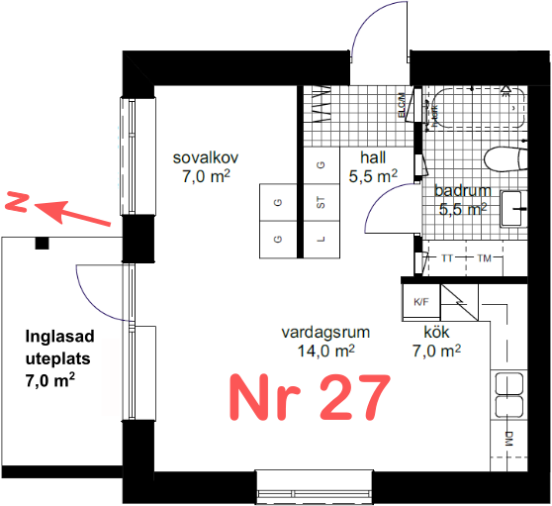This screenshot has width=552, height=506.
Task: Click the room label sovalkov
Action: (x=206, y=158)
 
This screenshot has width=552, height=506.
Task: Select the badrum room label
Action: (x=461, y=191)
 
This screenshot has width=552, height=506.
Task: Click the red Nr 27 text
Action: (x=307, y=397)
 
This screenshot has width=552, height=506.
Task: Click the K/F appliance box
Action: (x=419, y=301)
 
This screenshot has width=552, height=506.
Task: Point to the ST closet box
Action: (x=321, y=204)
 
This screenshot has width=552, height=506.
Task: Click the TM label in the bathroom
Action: (x=484, y=258)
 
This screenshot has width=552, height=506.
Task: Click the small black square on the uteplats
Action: (x=43, y=243)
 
